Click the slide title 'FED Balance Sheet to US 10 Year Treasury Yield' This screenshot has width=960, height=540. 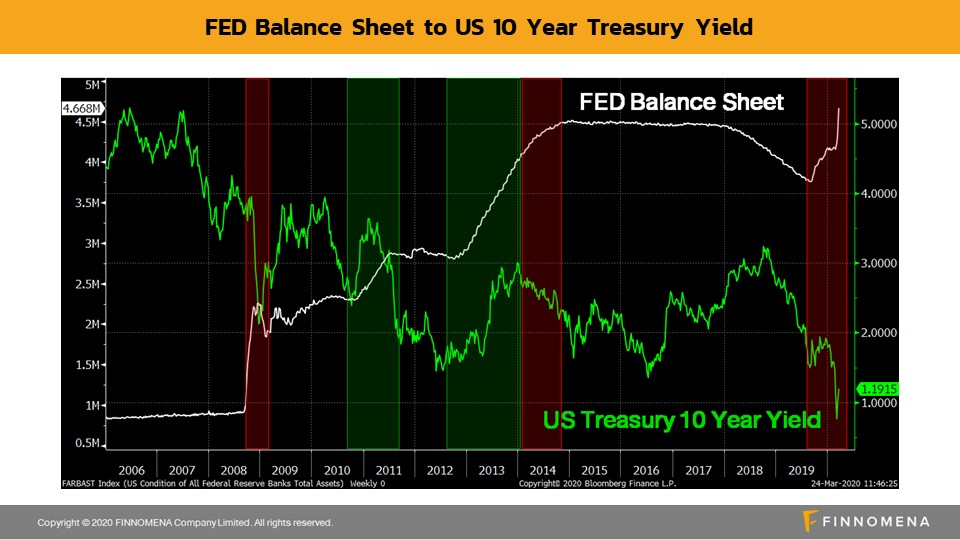pos(479,27)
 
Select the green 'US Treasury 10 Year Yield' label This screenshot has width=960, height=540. pos(682,420)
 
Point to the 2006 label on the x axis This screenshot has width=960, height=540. pos(131,469)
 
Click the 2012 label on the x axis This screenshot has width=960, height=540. pos(440,469)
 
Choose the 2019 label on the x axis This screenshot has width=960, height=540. pos(800,469)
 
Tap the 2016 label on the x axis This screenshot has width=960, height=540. pos(646,469)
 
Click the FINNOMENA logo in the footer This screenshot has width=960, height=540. pos(866,521)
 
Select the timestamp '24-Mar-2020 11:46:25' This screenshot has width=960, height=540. pos(867,484)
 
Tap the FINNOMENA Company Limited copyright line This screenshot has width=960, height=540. pos(185,522)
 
